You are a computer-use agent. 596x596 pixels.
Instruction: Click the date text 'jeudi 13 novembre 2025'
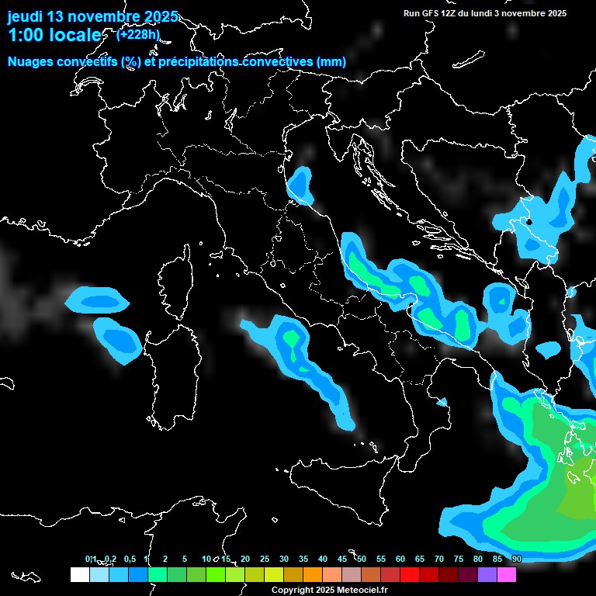[x=92, y=16]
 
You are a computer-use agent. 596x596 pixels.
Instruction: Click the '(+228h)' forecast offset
[x=138, y=34]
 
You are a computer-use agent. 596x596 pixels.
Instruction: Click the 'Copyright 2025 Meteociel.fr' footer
[x=329, y=590]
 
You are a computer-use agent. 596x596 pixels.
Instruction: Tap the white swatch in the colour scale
[x=79, y=574]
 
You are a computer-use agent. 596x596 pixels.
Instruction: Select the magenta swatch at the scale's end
[x=507, y=574]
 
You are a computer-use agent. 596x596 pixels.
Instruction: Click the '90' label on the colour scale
[x=517, y=559]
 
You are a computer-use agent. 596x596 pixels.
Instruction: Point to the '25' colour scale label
[x=265, y=559]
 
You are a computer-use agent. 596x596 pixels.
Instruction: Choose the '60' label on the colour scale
[x=400, y=559]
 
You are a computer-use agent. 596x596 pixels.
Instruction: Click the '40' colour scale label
[x=323, y=559]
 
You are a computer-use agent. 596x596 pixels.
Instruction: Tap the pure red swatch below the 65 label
[x=410, y=574]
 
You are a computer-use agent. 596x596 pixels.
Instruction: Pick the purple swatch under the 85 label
[x=487, y=574]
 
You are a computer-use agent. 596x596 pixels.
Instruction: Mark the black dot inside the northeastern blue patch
[x=528, y=221]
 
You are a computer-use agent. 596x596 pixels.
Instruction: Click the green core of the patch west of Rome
[x=292, y=339]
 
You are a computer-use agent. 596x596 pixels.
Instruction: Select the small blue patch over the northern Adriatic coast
[x=300, y=186]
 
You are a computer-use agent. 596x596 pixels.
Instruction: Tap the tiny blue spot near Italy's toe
[x=442, y=402]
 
